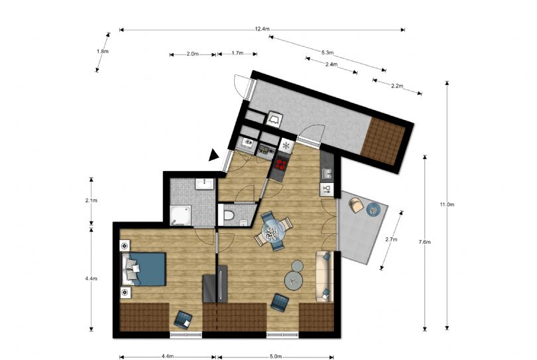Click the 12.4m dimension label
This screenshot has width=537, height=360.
coord(262,29)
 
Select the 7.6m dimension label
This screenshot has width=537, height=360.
coord(424,242)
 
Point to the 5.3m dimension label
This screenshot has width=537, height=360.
coord(327,53)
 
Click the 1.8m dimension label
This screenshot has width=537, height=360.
coord(102,52)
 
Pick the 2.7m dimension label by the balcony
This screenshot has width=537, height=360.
coord(391,239)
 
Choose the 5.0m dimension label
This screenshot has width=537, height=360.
coord(276,356)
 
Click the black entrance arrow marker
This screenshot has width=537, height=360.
coord(213,156)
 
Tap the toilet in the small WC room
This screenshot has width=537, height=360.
coord(227,215)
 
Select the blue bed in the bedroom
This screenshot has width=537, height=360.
coord(146,269)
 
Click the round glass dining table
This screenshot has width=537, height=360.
coord(273,230)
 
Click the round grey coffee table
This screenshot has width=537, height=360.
coord(294,281)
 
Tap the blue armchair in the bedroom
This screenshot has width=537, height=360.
coord(182,320)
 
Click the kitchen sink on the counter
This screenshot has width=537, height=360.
coord(327,173)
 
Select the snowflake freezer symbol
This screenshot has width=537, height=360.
coord(286,146)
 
